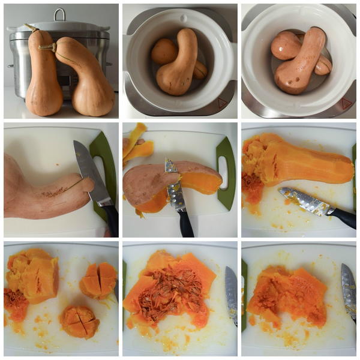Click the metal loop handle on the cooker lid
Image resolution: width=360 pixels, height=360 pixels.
(x=59, y=14)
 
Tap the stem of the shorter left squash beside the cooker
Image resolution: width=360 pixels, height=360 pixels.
(x=30, y=28)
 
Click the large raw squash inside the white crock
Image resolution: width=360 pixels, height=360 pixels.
(x=179, y=63)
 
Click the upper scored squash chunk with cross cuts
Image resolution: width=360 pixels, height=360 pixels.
(x=100, y=280)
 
